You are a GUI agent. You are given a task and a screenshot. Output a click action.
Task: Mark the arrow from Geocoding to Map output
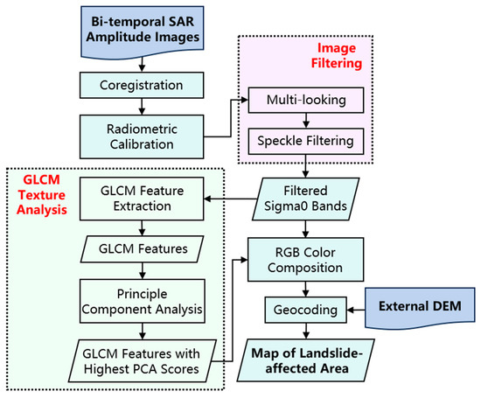click(x=303, y=330)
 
